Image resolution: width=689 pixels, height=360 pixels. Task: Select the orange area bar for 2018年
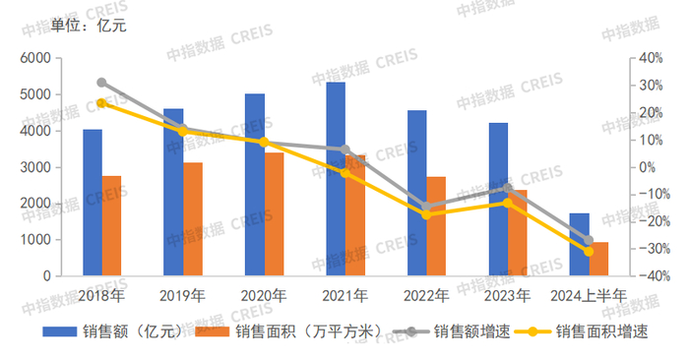111,226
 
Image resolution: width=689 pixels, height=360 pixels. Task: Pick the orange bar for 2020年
274,214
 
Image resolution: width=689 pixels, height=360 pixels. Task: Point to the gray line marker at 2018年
101,83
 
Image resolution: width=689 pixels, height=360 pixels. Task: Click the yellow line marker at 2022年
426,214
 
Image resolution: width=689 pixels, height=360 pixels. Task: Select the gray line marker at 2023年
508,188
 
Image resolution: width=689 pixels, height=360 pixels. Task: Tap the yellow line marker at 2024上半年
589,252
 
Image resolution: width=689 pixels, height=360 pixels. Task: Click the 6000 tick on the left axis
35,59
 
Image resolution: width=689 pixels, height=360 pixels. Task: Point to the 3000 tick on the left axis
35,168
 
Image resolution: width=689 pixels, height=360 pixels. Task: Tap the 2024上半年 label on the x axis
589,294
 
